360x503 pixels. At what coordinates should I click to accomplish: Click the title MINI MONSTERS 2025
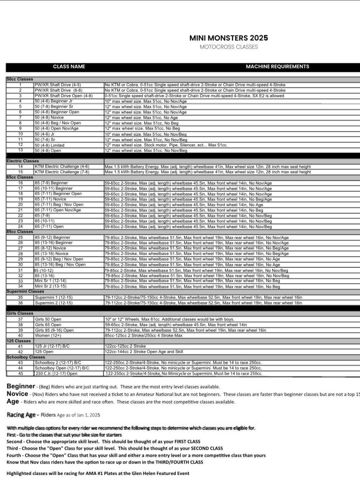[x=228, y=38]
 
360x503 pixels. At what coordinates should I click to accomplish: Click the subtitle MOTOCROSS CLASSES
[x=229, y=47]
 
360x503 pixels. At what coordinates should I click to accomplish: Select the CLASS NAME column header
[x=69, y=67]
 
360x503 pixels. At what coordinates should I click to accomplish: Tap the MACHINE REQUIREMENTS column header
[x=277, y=67]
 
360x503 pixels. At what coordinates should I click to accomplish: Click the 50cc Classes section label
[x=20, y=79]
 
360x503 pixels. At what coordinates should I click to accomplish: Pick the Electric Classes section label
[x=23, y=161]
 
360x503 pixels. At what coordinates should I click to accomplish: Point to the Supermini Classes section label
[x=25, y=292]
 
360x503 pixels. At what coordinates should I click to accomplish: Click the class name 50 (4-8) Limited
[x=50, y=145]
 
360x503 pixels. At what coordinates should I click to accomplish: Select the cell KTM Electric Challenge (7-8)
[x=62, y=172]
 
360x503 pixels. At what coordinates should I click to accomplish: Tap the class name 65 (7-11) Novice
[x=50, y=199]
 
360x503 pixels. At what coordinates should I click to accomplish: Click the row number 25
[x=20, y=237]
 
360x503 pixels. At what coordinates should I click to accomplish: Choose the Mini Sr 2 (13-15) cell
[x=51, y=286]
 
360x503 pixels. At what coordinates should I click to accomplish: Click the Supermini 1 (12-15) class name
[x=54, y=298]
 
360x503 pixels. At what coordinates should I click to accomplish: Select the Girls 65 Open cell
[x=48, y=325]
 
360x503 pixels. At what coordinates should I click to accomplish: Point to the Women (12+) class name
[x=48, y=336]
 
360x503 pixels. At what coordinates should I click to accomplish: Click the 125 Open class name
[x=44, y=352]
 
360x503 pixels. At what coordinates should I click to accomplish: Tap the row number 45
[x=20, y=374]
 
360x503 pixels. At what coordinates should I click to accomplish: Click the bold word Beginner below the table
[x=21, y=386]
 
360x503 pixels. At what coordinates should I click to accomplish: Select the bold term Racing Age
[x=21, y=415]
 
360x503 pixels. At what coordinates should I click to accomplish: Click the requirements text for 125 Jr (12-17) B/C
[x=125, y=346]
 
